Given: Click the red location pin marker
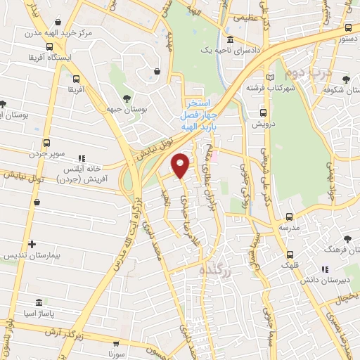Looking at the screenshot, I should click(181, 165).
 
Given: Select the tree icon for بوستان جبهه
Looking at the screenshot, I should click(127, 98).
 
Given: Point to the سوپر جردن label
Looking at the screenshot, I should click(46, 153).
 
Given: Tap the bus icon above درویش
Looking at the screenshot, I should click(264, 112).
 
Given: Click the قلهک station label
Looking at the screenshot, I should click(290, 265).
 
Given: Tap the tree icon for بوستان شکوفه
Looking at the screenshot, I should click(347, 78).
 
